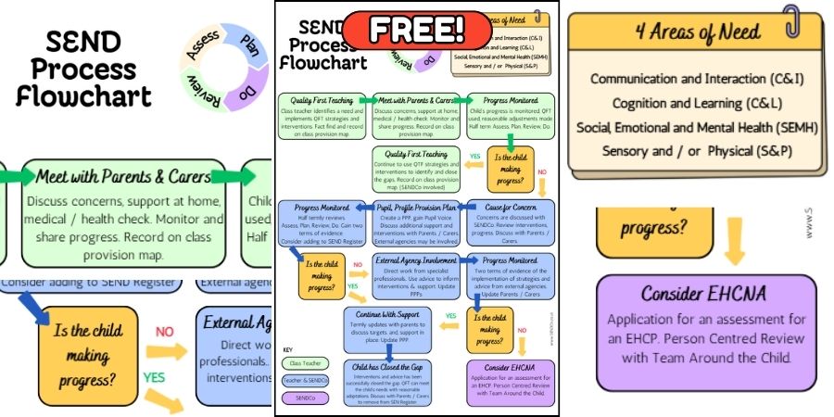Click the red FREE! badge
click(417, 30)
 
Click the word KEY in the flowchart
click(288, 348)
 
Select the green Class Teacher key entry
click(304, 363)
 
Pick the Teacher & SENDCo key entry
click(304, 380)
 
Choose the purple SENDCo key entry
click(304, 398)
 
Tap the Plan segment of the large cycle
click(248, 44)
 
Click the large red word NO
click(164, 331)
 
